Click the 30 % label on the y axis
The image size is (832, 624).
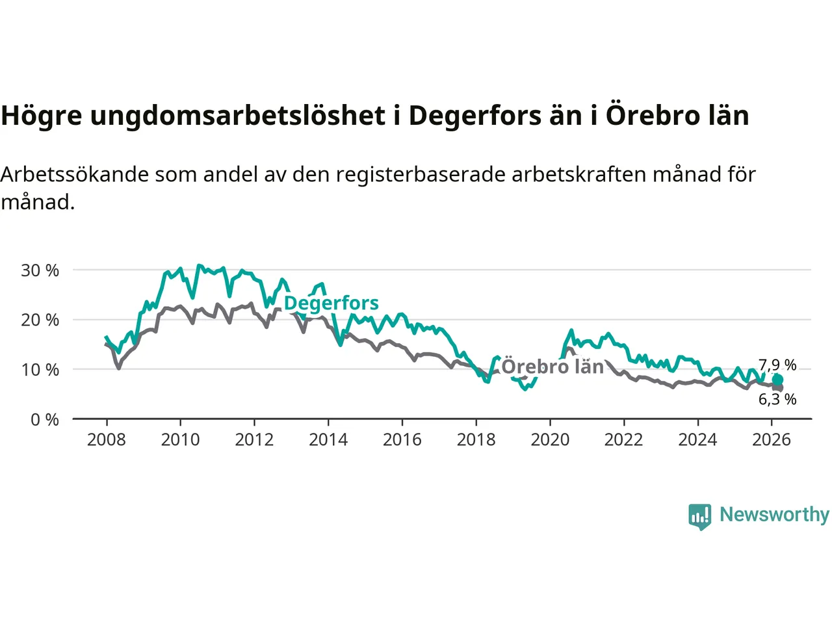click(40, 270)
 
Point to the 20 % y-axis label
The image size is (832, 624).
click(40, 320)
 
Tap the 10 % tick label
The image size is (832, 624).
click(40, 370)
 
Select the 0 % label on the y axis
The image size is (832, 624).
click(45, 420)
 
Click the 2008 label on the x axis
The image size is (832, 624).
click(107, 440)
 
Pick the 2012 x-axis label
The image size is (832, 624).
click(254, 440)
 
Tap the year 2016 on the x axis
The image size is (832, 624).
click(402, 440)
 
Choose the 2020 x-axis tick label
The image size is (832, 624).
click(550, 440)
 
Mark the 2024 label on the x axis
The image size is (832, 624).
click(697, 440)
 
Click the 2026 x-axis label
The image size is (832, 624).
click(772, 440)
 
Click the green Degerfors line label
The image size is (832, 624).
click(331, 303)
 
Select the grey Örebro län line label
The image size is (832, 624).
click(552, 367)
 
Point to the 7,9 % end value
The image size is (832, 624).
click(777, 365)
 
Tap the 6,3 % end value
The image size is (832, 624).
click(777, 399)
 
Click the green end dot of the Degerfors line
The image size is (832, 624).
click(777, 380)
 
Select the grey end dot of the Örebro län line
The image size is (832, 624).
click(778, 387)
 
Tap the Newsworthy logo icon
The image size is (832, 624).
click(700, 517)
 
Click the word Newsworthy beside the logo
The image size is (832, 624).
click(774, 514)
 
